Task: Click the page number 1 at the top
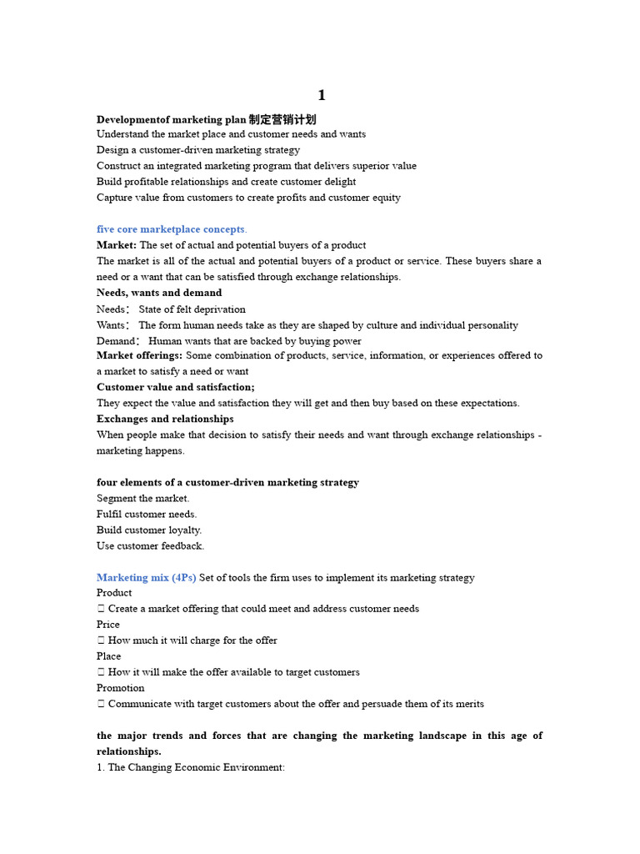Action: pyautogui.click(x=322, y=96)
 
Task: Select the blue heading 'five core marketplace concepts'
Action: pyautogui.click(x=171, y=229)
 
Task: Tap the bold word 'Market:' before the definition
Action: pyautogui.click(x=117, y=245)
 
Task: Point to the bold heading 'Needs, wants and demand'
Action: pyautogui.click(x=159, y=293)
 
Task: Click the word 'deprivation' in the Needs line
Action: pyautogui.click(x=218, y=309)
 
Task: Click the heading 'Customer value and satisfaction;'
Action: pyautogui.click(x=176, y=387)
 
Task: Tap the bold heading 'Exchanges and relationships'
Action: pyautogui.click(x=165, y=419)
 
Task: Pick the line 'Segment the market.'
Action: pyautogui.click(x=142, y=499)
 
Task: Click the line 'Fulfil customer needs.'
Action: pyautogui.click(x=147, y=515)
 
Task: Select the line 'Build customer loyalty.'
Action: pyautogui.click(x=149, y=530)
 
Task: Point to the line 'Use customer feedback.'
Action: pyautogui.click(x=150, y=546)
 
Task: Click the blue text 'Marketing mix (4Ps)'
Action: pyautogui.click(x=147, y=578)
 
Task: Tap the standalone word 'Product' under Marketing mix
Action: pyautogui.click(x=114, y=593)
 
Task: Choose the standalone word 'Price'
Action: pyautogui.click(x=108, y=625)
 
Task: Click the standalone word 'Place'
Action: pyautogui.click(x=108, y=656)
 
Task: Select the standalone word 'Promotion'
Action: pyautogui.click(x=121, y=688)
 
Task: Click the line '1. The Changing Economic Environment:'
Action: pyautogui.click(x=191, y=767)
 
